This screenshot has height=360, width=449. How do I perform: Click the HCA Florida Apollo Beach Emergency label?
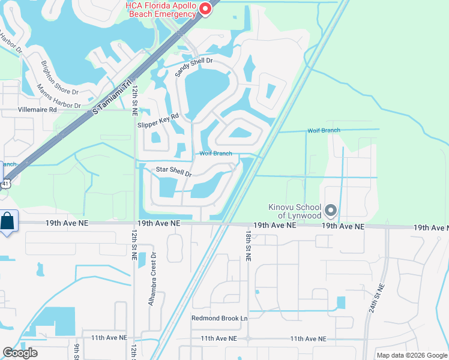160,10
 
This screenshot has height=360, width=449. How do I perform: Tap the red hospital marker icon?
205,8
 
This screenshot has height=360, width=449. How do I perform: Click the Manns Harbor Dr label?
58,97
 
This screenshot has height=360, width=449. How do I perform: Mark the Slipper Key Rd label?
158,120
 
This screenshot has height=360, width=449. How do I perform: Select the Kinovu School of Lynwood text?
294,211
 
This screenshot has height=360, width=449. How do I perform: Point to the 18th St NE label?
247,247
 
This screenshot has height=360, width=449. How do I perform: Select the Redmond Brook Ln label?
219,318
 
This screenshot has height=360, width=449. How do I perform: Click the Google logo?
20,353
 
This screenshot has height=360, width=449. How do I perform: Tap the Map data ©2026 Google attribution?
412,355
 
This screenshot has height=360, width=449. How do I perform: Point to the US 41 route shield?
5,184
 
